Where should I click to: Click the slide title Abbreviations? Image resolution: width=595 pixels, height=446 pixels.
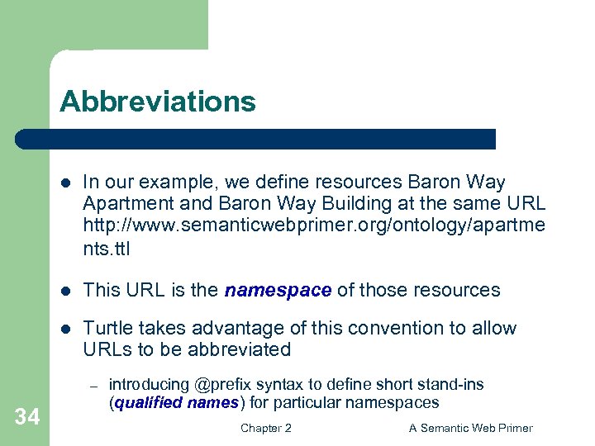point(158,102)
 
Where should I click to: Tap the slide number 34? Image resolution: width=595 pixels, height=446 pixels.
point(26,417)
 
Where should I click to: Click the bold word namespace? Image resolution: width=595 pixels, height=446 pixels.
point(278,290)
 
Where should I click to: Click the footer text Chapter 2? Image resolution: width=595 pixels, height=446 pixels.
point(265,428)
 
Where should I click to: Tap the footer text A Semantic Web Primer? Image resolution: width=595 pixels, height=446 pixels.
point(471,428)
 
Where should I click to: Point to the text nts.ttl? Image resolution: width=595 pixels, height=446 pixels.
point(107,248)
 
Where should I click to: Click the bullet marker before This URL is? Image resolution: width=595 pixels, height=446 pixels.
point(67,290)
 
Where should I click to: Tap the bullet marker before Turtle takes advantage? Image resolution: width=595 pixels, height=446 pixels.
point(67,329)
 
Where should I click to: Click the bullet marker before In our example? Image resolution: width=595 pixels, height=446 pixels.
point(67,183)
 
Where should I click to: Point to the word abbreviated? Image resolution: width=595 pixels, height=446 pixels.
point(240,349)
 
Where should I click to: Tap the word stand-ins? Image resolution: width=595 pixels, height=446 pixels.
point(454,385)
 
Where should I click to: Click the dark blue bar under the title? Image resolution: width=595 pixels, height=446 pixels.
point(256,139)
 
